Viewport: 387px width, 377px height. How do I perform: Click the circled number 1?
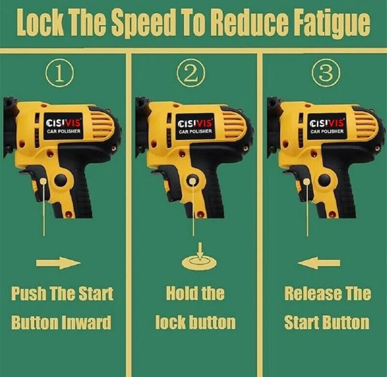click(x=60, y=73)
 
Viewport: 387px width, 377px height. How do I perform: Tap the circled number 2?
click(x=191, y=73)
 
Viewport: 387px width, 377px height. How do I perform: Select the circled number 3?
click(x=326, y=73)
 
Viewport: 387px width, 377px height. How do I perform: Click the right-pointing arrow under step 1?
click(x=58, y=263)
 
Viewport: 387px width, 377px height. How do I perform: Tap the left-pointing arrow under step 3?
click(x=319, y=263)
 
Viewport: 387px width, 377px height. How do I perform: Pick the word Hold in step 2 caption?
click(x=181, y=294)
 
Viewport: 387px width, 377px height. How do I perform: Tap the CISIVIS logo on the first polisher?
click(x=64, y=123)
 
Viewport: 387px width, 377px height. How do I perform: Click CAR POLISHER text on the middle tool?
click(x=195, y=132)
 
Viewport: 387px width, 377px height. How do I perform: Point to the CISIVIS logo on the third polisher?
click(x=327, y=123)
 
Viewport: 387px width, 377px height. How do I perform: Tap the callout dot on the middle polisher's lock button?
click(x=192, y=181)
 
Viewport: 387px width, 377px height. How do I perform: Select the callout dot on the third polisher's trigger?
click(x=307, y=181)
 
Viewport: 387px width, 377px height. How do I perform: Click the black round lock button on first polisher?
click(x=61, y=180)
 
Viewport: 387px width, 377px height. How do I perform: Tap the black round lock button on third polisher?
click(x=324, y=180)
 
